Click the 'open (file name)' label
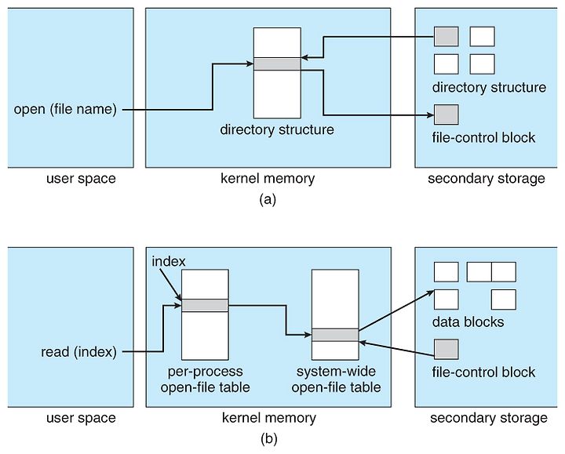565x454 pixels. [65, 110]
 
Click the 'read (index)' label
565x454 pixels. [79, 352]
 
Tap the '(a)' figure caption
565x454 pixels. [268, 199]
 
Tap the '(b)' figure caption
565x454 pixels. [269, 439]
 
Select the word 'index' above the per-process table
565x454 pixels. [169, 261]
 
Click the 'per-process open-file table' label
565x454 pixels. [206, 380]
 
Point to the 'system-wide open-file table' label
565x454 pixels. [336, 380]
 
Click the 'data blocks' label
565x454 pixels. [468, 321]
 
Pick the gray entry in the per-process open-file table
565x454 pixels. [205, 305]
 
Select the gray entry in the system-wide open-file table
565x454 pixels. [335, 335]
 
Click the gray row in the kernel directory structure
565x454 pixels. [277, 64]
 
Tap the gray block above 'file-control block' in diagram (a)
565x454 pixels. [446, 114]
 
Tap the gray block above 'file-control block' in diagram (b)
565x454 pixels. [446, 349]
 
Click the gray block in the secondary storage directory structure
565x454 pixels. [446, 36]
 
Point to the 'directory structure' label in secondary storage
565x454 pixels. [489, 88]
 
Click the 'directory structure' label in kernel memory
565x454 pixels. [277, 129]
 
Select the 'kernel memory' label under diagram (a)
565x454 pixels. [268, 179]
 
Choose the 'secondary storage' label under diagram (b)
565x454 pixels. [489, 418]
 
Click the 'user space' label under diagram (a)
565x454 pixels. [81, 179]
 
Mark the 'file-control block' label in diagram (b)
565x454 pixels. [483, 372]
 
